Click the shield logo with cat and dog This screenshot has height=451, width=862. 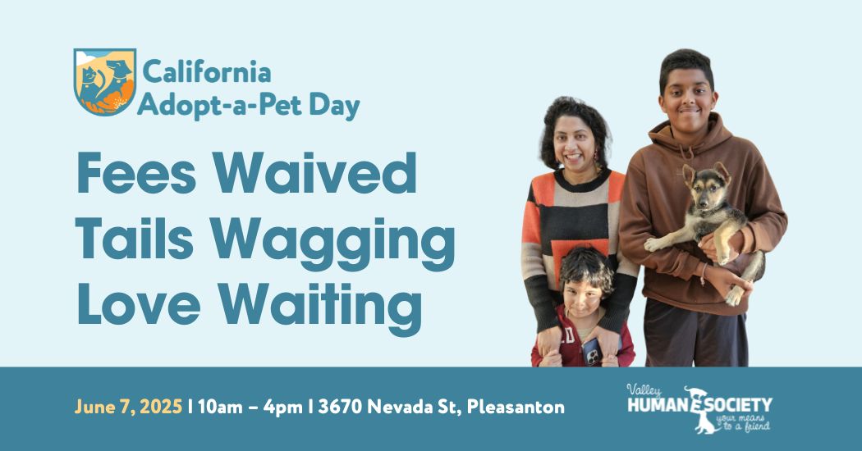105,82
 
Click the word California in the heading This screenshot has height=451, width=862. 207,72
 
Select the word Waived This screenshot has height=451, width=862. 315,173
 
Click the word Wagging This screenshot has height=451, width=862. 333,244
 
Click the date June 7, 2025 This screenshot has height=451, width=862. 128,407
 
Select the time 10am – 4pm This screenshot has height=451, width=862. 250,407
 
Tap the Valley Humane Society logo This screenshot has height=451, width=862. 699,408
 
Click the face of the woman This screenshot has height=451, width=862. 574,144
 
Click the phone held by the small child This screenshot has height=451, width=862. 592,352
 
